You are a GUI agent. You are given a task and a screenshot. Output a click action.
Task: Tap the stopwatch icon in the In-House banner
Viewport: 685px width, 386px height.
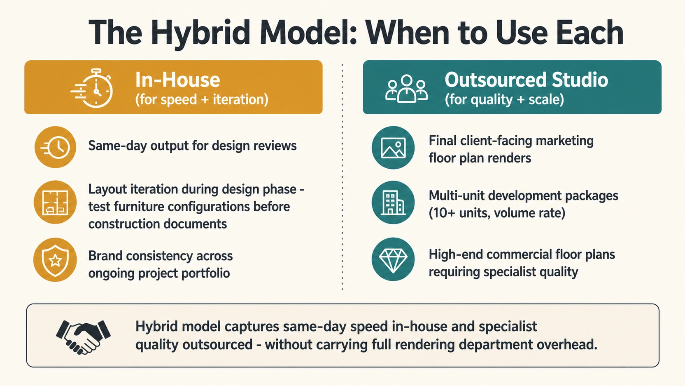(x=92, y=89)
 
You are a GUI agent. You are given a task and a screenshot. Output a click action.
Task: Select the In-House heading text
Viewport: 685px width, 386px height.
(x=178, y=80)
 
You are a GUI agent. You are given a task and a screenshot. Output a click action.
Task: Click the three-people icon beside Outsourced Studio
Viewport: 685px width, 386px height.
(x=406, y=89)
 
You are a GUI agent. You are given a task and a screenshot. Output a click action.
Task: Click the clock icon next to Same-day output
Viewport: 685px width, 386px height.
(x=55, y=147)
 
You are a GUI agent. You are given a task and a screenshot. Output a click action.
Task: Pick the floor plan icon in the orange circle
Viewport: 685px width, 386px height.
(x=55, y=202)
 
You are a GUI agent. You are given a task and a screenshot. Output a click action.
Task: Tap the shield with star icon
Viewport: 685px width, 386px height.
(x=55, y=260)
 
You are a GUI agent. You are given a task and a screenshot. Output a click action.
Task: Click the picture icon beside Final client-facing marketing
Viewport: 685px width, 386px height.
(x=393, y=148)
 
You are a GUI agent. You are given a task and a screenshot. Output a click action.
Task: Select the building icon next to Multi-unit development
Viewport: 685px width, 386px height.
(x=393, y=202)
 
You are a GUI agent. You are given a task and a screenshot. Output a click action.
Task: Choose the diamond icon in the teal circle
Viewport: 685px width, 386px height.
(x=393, y=259)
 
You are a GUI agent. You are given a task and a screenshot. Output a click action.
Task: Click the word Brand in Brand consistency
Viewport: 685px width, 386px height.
(x=105, y=256)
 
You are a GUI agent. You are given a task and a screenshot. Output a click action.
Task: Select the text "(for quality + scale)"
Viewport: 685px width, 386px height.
(x=504, y=99)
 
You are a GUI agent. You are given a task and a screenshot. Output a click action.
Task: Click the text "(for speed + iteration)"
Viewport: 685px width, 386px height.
(x=202, y=99)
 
